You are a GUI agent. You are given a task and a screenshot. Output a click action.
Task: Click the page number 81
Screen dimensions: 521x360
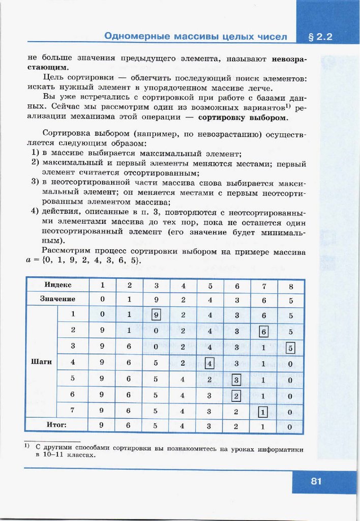pyautogui.click(x=316, y=481)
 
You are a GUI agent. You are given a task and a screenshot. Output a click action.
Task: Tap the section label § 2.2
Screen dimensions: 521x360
pyautogui.click(x=320, y=37)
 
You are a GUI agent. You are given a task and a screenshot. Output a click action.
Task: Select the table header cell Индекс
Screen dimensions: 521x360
pyautogui.click(x=58, y=285)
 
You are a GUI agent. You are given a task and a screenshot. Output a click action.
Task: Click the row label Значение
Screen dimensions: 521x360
pyautogui.click(x=57, y=299)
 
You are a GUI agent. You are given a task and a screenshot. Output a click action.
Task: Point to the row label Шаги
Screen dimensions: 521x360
pyautogui.click(x=42, y=362)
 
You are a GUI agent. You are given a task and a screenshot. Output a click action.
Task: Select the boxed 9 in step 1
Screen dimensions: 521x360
pyautogui.click(x=157, y=315)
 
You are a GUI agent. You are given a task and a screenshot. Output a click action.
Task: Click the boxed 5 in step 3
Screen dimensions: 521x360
pyautogui.click(x=290, y=349)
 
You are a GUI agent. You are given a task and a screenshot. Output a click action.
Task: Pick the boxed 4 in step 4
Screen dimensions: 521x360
pyautogui.click(x=209, y=364)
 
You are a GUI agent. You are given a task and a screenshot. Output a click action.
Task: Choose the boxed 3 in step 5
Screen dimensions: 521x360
pyautogui.click(x=236, y=380)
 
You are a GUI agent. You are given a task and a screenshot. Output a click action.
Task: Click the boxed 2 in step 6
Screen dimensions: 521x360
pyautogui.click(x=236, y=396)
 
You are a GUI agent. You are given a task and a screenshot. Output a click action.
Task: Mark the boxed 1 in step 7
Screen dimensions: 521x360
pyautogui.click(x=263, y=413)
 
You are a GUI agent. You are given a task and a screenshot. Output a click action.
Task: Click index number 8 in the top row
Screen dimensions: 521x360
pyautogui.click(x=290, y=286)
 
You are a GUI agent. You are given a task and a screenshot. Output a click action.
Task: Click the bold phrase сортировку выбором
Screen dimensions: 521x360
pyautogui.click(x=243, y=118)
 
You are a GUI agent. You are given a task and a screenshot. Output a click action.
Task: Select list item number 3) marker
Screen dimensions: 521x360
pyautogui.click(x=35, y=184)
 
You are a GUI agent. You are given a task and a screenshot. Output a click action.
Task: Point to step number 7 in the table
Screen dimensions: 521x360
pyautogui.click(x=73, y=410)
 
